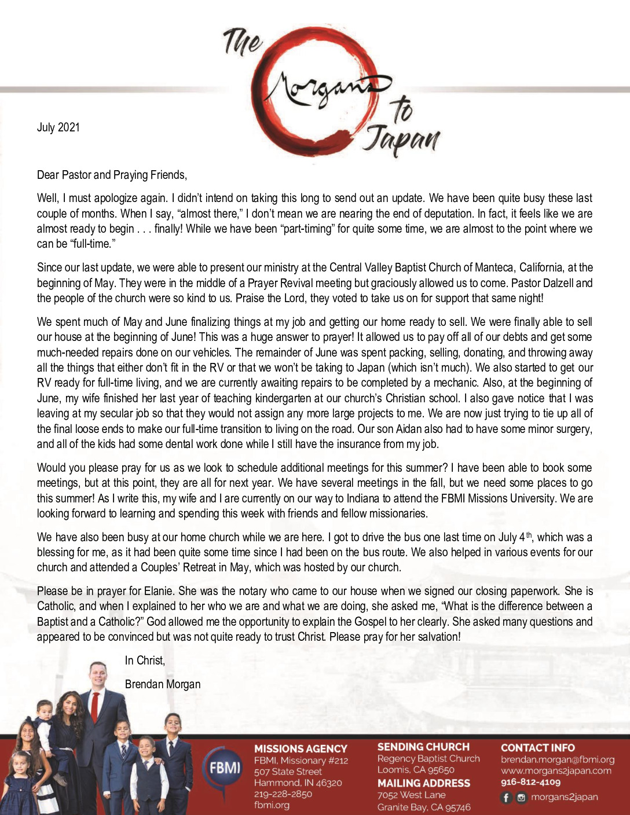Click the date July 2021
tap(58, 127)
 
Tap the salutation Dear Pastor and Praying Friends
tap(112, 174)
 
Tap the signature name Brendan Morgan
tap(163, 684)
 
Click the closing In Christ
tap(145, 660)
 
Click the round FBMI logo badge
tap(225, 769)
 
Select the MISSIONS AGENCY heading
tap(301, 748)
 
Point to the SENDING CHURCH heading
tap(423, 747)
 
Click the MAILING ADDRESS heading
tap(423, 783)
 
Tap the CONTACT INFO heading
tap(537, 747)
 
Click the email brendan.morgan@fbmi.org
tap(558, 759)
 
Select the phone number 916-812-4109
tap(530, 782)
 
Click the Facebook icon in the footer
tap(506, 798)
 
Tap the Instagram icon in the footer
tap(521, 798)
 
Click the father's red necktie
tap(94, 707)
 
